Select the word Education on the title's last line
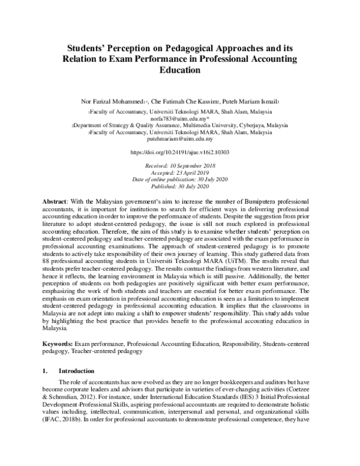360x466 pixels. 180,70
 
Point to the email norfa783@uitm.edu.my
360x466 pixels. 180,119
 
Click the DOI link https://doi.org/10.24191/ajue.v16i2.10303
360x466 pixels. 180,153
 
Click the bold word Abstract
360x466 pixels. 57,199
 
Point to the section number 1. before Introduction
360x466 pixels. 47,372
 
